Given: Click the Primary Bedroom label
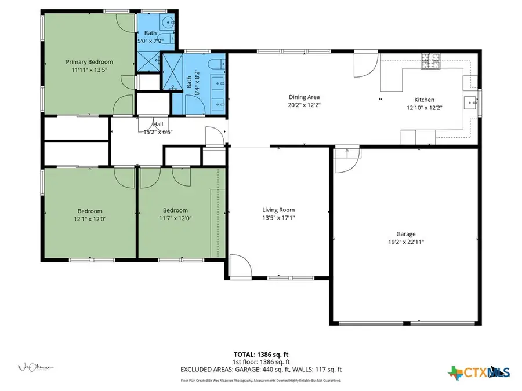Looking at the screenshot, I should click(x=89, y=62).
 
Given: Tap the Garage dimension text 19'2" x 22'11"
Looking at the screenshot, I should click(x=406, y=242).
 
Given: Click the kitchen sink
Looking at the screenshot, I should click(x=470, y=103).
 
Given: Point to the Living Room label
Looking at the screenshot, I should click(x=278, y=210).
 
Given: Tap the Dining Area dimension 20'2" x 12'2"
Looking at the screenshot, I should click(x=304, y=105).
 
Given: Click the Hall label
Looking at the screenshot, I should click(x=158, y=125).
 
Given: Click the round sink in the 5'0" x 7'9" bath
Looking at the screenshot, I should click(x=167, y=23).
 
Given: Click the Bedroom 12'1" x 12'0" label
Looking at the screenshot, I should click(x=90, y=211).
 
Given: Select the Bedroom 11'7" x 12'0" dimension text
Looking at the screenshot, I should click(x=175, y=218).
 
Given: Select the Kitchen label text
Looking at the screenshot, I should click(x=423, y=100).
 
